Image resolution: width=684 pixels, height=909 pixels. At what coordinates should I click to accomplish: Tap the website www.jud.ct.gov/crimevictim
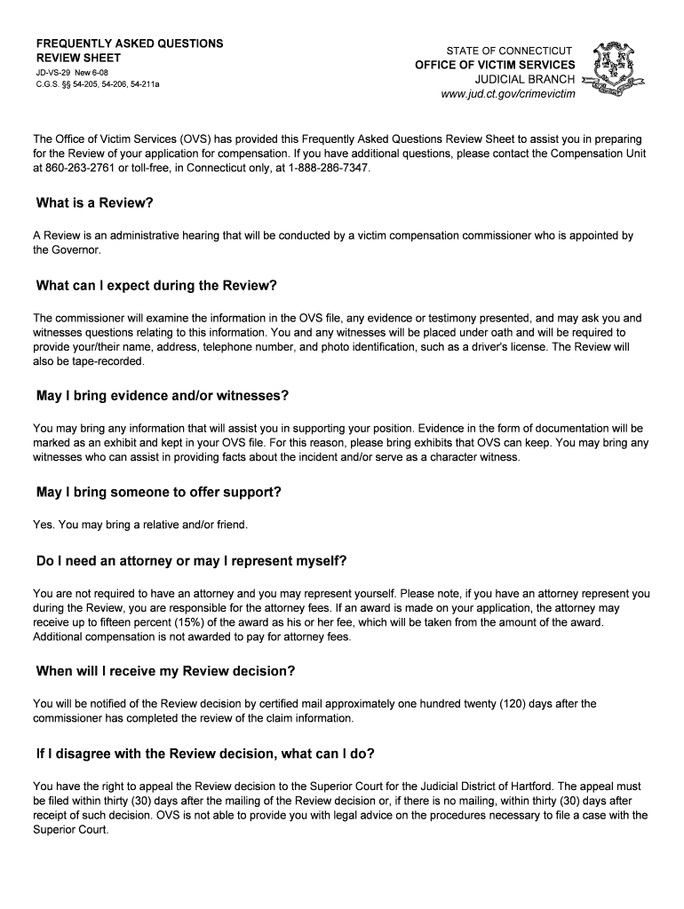(x=508, y=93)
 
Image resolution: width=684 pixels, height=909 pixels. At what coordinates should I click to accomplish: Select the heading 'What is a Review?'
(x=95, y=203)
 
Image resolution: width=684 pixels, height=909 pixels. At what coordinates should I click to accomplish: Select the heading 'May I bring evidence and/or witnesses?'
(x=163, y=395)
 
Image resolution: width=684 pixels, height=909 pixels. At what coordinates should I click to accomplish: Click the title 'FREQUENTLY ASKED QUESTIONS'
(x=129, y=43)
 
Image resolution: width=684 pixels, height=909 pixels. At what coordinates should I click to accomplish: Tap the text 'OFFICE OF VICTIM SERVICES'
(x=495, y=65)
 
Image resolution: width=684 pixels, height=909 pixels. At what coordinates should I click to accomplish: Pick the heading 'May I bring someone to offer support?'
(x=160, y=492)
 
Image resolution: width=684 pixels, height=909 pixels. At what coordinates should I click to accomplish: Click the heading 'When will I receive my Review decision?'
(x=165, y=671)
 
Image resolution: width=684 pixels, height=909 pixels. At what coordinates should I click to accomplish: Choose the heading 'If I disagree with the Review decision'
(x=205, y=754)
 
